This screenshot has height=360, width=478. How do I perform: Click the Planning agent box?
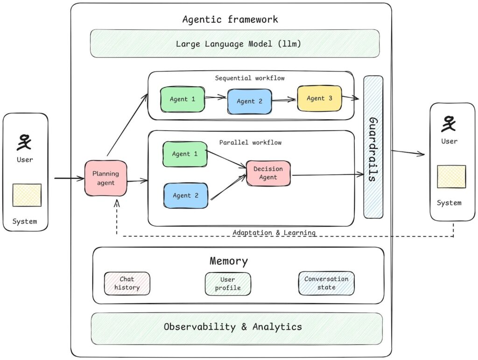[105, 178]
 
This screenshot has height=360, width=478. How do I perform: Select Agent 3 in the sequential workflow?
[320, 98]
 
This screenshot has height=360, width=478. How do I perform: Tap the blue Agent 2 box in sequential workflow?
[249, 101]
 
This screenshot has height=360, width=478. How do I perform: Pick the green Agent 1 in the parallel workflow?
[184, 154]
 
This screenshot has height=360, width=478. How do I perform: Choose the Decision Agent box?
[268, 173]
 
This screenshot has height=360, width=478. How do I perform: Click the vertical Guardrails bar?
[373, 147]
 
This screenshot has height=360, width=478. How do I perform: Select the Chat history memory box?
[127, 284]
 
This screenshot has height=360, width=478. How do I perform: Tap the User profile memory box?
[228, 284]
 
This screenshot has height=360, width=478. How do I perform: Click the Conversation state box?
[326, 283]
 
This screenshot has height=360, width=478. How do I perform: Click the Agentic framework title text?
[230, 20]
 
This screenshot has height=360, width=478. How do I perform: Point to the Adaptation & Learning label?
[274, 232]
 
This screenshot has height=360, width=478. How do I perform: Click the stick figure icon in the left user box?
[25, 142]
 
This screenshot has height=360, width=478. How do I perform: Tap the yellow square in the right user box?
[451, 177]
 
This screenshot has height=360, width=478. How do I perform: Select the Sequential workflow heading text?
[250, 78]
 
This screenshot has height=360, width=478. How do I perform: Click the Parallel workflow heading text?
[250, 142]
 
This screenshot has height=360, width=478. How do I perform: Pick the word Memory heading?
[229, 261]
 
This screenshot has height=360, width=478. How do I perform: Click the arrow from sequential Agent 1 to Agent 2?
[216, 98]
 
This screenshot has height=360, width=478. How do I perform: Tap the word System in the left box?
[25, 221]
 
